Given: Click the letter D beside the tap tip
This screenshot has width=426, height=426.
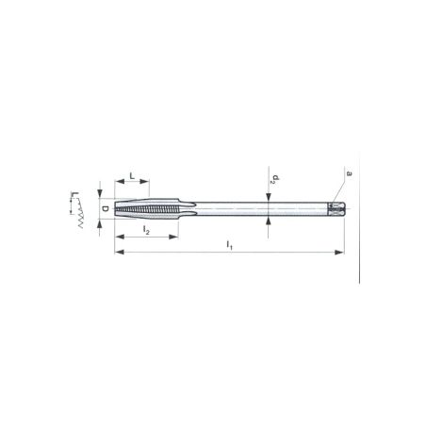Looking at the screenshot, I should (104, 208).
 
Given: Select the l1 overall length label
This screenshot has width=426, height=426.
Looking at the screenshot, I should (229, 244).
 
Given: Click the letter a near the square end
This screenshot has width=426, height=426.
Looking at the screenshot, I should (349, 172).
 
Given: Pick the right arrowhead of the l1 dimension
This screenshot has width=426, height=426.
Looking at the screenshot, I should (340, 253).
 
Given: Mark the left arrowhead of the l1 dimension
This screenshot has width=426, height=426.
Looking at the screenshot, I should (118, 253).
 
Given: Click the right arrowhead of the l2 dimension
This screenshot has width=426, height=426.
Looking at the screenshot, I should (174, 237).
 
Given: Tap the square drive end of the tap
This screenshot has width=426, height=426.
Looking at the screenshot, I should (337, 207).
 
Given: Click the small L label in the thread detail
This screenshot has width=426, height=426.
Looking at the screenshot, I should (72, 198).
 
